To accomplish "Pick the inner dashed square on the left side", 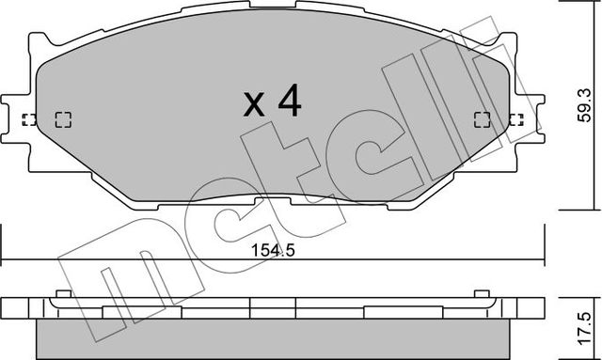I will coord(64,119).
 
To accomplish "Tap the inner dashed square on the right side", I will coord(481,119).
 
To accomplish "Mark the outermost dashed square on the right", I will coord(515,119).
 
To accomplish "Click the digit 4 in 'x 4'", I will coord(289,102).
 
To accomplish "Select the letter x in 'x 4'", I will coord(254,106).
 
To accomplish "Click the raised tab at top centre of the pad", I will coord(273,13).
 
